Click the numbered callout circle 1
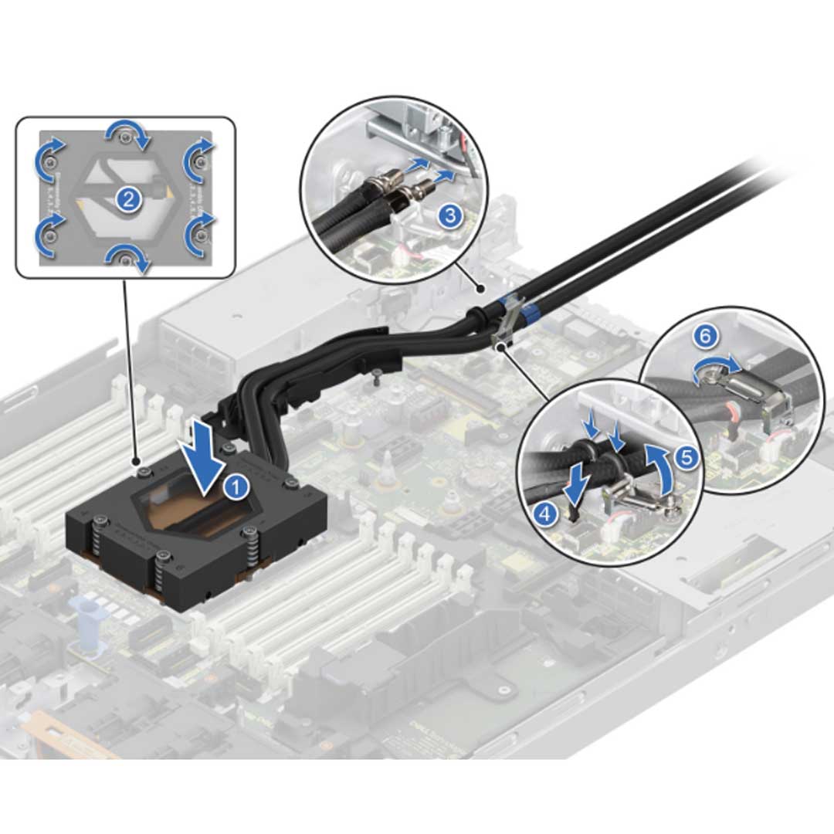coord(236,486)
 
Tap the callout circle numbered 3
coord(450,217)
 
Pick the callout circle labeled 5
coord(687,457)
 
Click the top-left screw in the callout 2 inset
coord(49,161)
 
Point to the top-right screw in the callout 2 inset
coord(200,161)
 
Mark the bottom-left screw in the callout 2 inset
coord(49,235)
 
